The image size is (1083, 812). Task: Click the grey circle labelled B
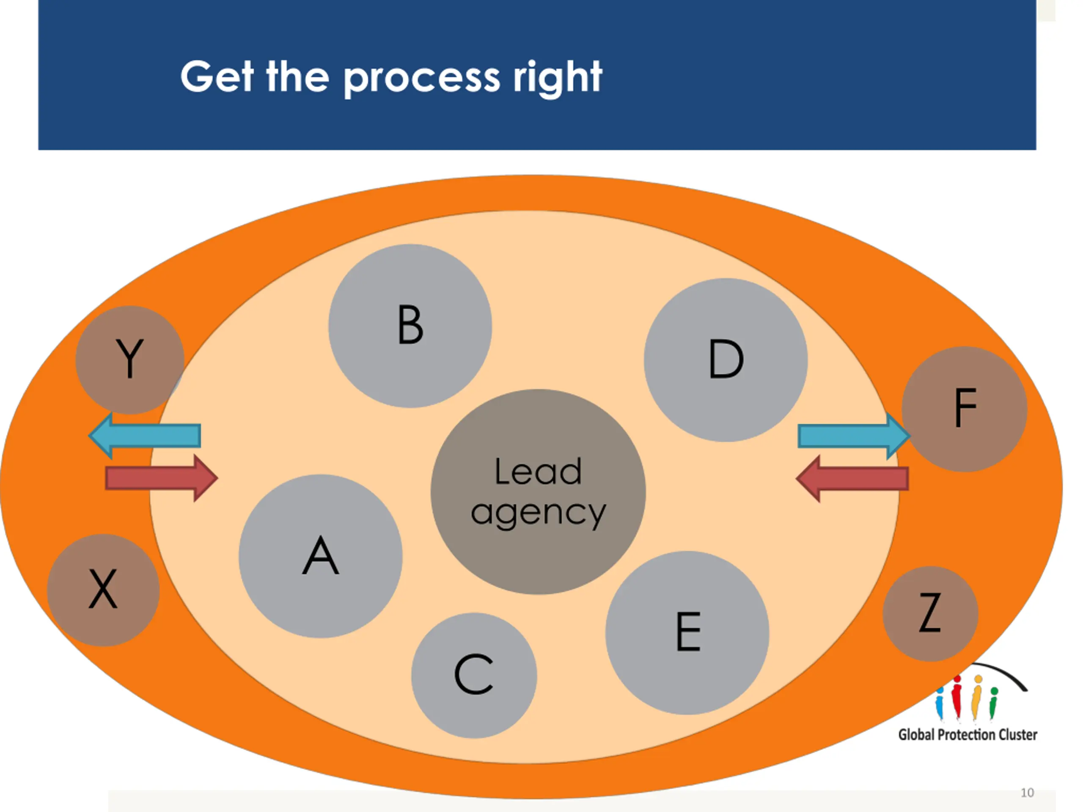click(x=410, y=326)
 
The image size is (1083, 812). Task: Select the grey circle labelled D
click(x=726, y=360)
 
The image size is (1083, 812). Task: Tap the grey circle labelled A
click(x=321, y=556)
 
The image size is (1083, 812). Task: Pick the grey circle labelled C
click(x=474, y=675)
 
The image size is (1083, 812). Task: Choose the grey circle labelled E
click(x=687, y=632)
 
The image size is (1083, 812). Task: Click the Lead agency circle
click(x=538, y=492)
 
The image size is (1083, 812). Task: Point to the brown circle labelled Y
click(x=130, y=360)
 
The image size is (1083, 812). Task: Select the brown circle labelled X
click(x=103, y=590)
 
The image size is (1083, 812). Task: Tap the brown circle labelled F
click(x=965, y=409)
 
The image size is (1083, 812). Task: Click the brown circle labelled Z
click(x=930, y=614)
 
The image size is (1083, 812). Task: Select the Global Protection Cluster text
click(x=968, y=735)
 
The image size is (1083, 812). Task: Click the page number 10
click(x=1027, y=793)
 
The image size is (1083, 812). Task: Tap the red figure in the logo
click(x=957, y=697)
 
